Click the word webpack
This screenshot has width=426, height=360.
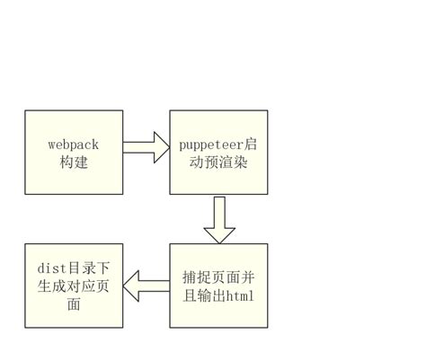pyautogui.click(x=74, y=144)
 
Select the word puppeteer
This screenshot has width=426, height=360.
pyautogui.click(x=210, y=144)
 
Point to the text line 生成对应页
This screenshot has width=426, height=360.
pyautogui.click(x=74, y=286)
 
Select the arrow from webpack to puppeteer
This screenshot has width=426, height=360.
pyautogui.click(x=145, y=147)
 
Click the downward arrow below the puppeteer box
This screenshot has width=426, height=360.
pyautogui.click(x=218, y=218)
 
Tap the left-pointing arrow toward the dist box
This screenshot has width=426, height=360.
pyautogui.click(x=146, y=286)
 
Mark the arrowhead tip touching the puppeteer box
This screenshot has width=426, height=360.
pyautogui.click(x=168, y=147)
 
